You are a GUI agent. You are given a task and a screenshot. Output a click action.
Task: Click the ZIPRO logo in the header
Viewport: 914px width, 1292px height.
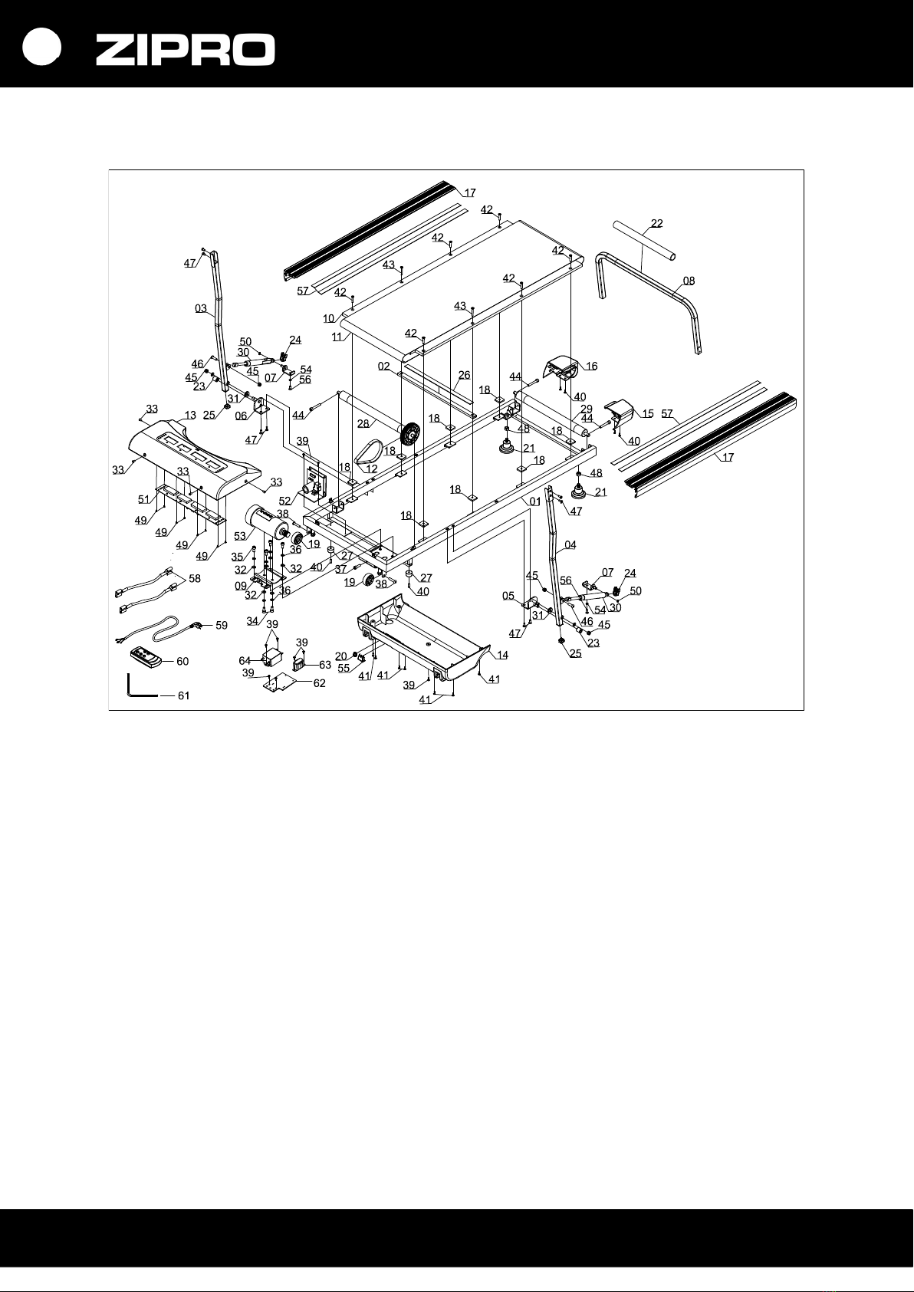tap(185, 51)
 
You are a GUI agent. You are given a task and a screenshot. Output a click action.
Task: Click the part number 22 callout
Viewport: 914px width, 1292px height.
tap(656, 224)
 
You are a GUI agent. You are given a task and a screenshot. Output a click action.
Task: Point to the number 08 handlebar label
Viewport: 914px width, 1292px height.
tap(689, 281)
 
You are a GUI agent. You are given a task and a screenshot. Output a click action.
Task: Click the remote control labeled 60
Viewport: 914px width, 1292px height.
tap(144, 657)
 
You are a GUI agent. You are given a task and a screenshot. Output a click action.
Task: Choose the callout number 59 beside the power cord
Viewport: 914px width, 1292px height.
tap(221, 626)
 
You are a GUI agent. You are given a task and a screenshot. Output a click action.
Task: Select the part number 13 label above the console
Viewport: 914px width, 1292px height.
tap(190, 415)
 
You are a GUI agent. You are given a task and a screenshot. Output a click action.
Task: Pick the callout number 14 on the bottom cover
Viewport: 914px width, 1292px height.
tap(502, 655)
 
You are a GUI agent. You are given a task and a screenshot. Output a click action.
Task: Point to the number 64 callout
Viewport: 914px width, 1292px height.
tap(245, 661)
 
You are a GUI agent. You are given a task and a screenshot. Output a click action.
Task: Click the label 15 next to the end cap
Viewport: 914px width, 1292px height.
tap(648, 414)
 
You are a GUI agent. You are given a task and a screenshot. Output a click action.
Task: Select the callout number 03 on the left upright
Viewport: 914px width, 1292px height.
tap(201, 309)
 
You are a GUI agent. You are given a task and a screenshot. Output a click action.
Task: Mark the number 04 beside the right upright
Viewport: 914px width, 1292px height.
tap(570, 545)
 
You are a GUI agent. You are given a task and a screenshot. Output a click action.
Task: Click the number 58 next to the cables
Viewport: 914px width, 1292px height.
tap(195, 578)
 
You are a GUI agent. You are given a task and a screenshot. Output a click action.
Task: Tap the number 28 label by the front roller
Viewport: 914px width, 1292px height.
tap(363, 423)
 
